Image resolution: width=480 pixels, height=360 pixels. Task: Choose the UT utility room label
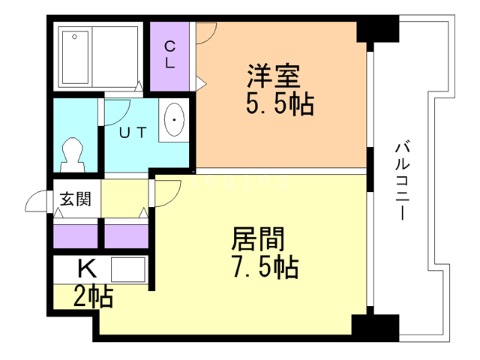pyautogui.click(x=134, y=133)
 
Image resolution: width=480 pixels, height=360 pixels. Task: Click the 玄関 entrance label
pyautogui.click(x=75, y=199)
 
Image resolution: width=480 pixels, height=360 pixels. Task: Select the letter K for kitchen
pyautogui.click(x=86, y=267)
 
